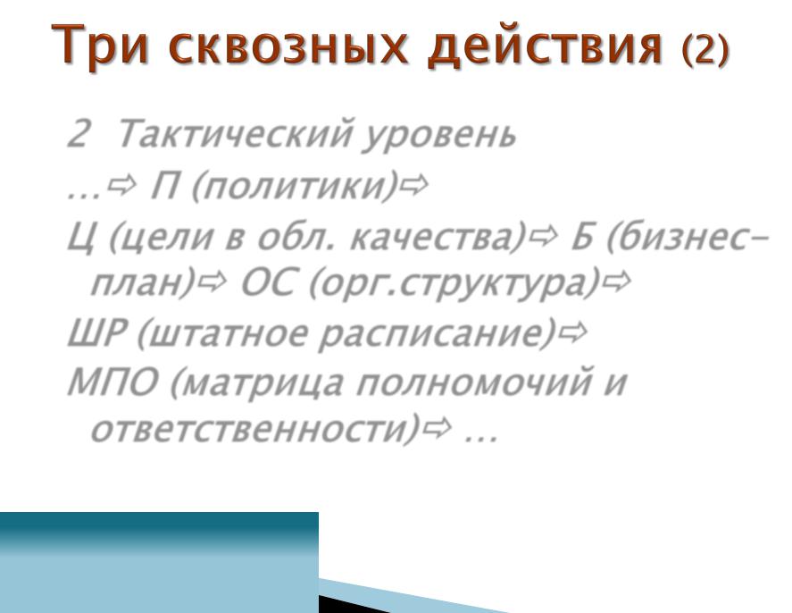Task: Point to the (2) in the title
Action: (705, 49)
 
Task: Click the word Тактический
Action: (234, 133)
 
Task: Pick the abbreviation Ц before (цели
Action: (82, 238)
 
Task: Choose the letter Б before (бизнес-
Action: (582, 236)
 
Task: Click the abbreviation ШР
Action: (96, 332)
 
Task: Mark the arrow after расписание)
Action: (572, 332)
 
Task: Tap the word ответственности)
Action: (255, 430)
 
